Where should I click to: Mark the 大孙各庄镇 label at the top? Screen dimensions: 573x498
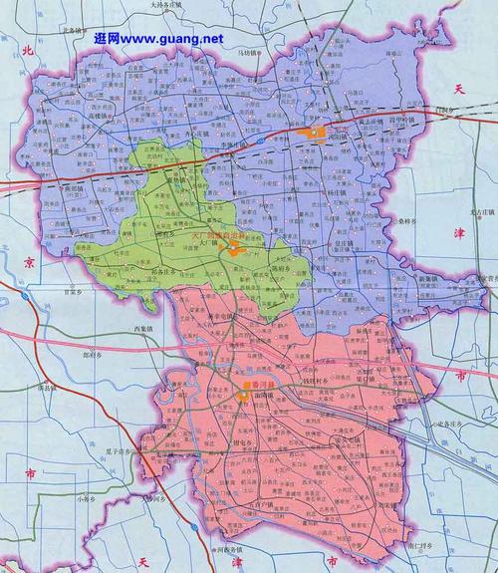(170, 5)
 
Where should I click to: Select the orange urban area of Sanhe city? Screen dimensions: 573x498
(317, 132)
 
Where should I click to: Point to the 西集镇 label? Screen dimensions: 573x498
(144, 330)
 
